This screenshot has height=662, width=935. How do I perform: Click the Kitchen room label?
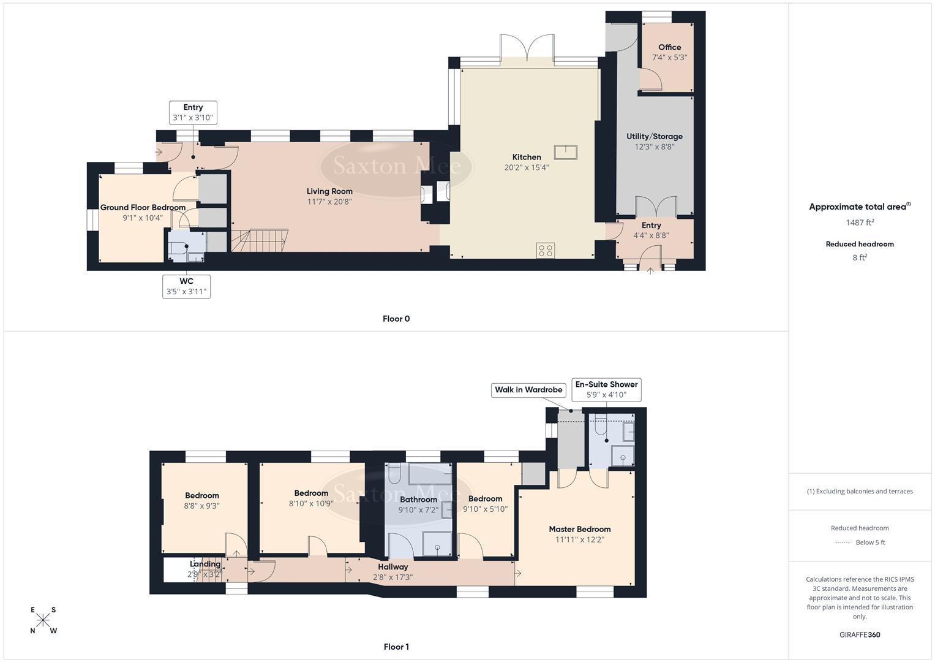tap(526, 157)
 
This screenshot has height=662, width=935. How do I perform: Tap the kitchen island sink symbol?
tap(566, 152)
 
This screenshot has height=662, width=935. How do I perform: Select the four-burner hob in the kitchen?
tap(546, 250)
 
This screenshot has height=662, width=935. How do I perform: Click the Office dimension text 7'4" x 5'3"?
tap(669, 58)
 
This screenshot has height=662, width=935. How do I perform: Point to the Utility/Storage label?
tap(654, 136)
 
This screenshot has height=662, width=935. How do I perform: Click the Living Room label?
tap(329, 191)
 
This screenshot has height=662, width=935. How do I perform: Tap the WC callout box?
tap(187, 286)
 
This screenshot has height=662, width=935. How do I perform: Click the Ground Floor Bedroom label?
tap(143, 207)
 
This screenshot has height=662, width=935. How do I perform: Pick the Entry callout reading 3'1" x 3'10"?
tap(193, 113)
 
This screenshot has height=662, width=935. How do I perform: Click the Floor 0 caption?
tap(396, 319)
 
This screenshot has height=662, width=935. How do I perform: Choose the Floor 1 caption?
tap(396, 647)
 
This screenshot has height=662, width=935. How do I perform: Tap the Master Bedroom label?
tap(579, 529)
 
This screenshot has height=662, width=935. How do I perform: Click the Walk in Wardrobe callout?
tap(528, 390)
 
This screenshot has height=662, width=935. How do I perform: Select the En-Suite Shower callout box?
tap(606, 390)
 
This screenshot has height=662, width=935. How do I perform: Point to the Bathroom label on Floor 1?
tap(418, 500)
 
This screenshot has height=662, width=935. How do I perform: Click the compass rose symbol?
tap(43, 620)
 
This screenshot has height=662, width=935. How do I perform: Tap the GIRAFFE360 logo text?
tap(860, 634)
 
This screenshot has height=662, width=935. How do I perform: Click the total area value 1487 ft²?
tap(860, 223)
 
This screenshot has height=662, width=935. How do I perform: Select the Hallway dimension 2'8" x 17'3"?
tap(392, 577)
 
